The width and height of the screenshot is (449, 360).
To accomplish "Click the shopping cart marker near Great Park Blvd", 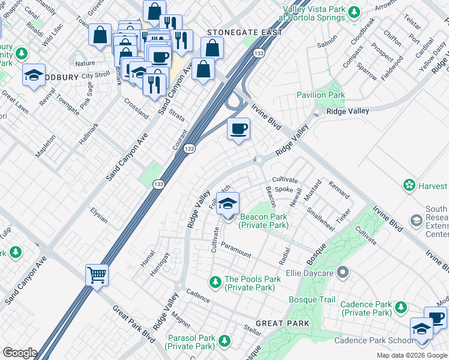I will [x=97, y=276].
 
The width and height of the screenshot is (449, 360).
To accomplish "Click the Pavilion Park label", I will [x=321, y=95].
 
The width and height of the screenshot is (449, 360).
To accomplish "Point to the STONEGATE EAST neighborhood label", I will [x=244, y=32].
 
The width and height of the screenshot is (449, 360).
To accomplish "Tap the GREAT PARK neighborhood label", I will [x=282, y=323].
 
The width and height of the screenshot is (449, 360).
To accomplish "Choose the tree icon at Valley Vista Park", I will [x=355, y=11].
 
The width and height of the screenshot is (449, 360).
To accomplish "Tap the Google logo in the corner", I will [x=19, y=353].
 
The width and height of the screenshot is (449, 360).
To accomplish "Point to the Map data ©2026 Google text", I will [x=412, y=355].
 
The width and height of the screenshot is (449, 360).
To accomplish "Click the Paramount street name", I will [x=235, y=250].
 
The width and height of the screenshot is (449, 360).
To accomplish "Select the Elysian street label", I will [x=99, y=215].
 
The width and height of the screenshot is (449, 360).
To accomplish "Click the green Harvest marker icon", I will [x=409, y=185].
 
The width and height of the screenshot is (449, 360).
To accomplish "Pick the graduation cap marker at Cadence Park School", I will [x=421, y=329].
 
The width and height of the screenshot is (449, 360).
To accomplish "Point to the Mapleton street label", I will [x=46, y=146].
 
